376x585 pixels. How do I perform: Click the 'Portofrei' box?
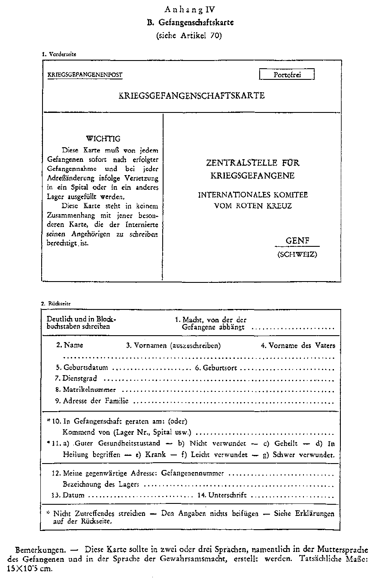287,75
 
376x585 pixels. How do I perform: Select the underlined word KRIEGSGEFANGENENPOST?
85,75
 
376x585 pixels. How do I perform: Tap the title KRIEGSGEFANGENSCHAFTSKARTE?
191,96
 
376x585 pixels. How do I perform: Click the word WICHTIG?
103,139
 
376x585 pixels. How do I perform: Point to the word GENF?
297,241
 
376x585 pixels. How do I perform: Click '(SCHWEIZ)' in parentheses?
297,255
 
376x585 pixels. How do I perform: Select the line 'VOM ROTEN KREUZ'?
253,206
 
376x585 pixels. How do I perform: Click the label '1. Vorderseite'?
59,54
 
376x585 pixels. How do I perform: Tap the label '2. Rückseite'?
56,303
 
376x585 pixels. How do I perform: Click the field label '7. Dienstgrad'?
76,379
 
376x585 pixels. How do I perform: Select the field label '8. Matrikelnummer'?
85,390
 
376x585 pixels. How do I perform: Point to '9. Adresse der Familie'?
92,401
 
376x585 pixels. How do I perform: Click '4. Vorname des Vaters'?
298,345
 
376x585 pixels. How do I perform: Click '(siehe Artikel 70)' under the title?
189,36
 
